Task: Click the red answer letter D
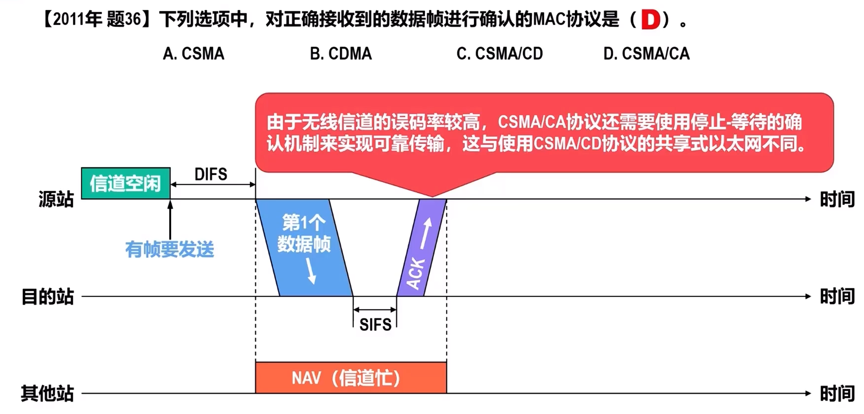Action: point(650,20)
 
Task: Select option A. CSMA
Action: point(193,54)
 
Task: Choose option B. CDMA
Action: point(341,54)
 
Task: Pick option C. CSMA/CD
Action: point(499,54)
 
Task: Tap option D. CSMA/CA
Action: point(646,54)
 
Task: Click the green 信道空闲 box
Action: point(125,183)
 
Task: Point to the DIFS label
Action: point(211,175)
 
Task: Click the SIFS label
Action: point(375,325)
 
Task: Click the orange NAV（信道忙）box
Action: point(351,378)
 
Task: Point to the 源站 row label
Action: point(56,199)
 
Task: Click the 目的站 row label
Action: point(47,297)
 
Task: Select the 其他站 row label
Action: point(47,393)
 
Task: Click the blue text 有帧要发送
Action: point(170,250)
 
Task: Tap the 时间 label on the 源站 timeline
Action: point(837,199)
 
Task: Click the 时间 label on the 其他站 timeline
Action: point(837,393)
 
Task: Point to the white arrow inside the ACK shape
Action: point(425,233)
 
